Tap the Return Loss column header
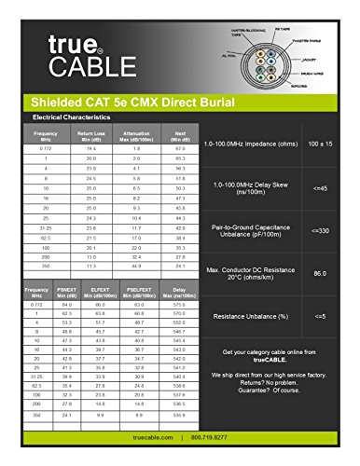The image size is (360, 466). click(91, 136)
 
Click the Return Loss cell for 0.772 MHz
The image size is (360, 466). click(91, 149)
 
